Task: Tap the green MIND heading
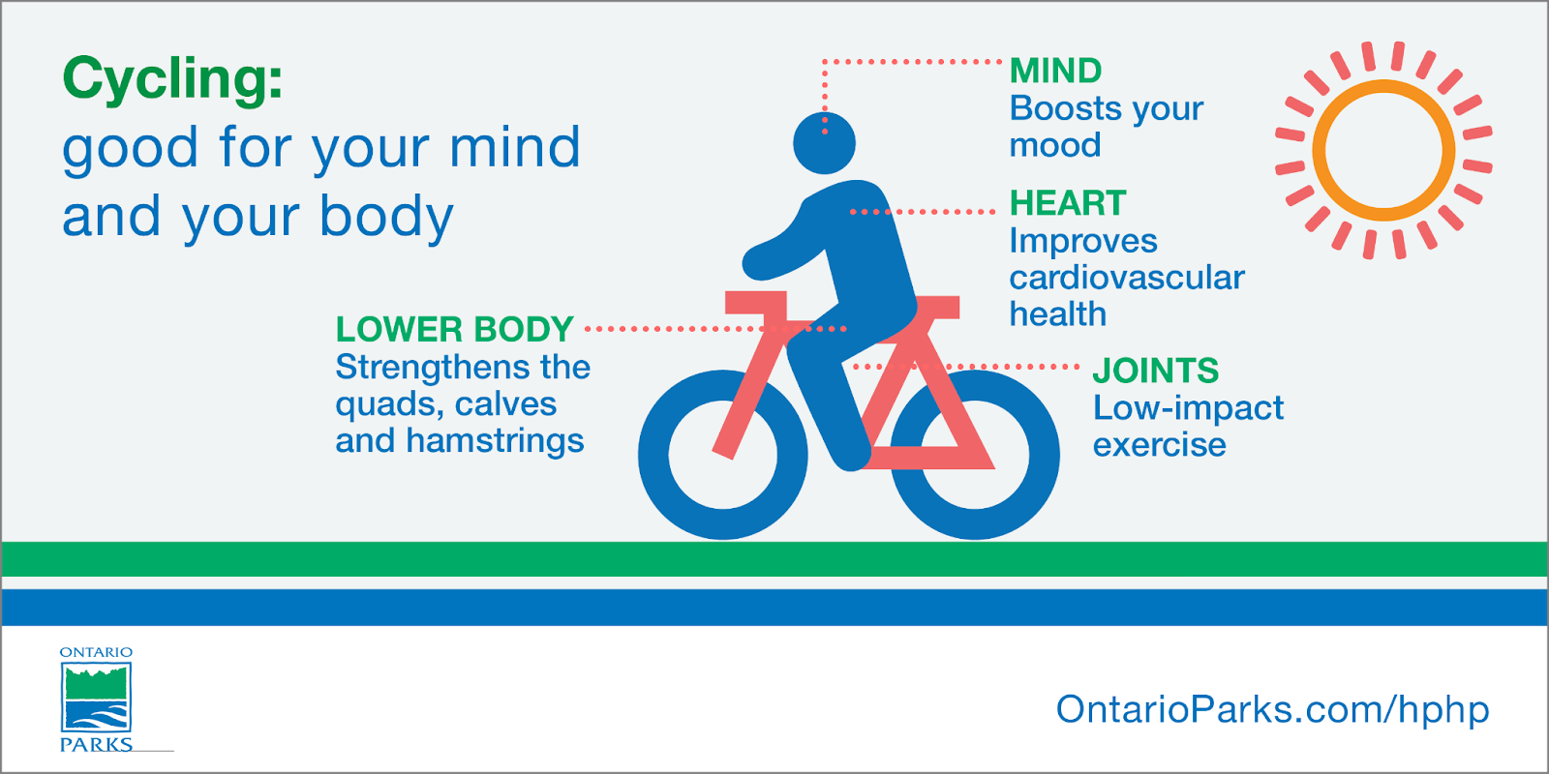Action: click(x=1055, y=71)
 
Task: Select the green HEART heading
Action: click(x=1068, y=203)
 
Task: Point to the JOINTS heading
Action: click(x=1156, y=371)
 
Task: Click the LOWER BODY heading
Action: click(x=454, y=329)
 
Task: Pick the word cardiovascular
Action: click(x=1127, y=278)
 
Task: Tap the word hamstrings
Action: click(x=495, y=441)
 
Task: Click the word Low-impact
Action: click(x=1188, y=408)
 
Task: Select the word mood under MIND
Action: click(x=1054, y=145)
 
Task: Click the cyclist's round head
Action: click(x=824, y=143)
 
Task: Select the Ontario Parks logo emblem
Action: click(x=96, y=698)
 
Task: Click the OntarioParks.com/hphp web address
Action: click(x=1272, y=710)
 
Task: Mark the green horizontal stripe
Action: click(x=774, y=559)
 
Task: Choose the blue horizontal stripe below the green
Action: click(x=774, y=608)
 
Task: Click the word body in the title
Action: click(x=386, y=217)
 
